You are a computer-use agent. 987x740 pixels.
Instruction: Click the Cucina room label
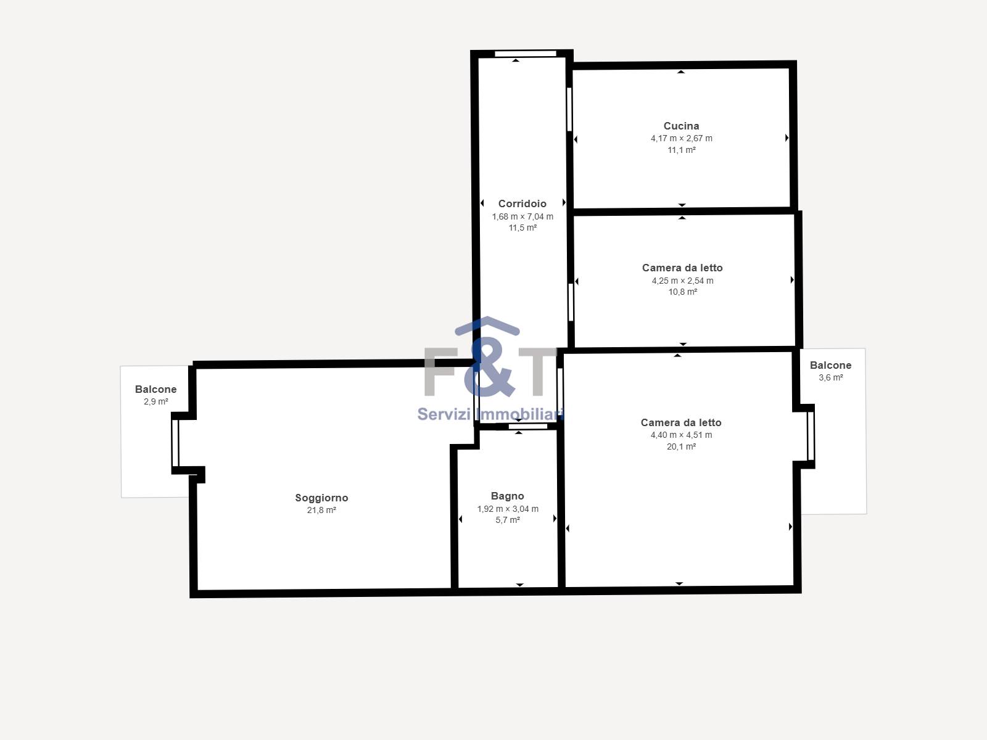pos(681,126)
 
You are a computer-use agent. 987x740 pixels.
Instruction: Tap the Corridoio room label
pos(522,203)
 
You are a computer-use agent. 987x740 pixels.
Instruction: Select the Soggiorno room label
pos(321,498)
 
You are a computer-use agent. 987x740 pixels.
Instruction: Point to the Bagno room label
pos(507,496)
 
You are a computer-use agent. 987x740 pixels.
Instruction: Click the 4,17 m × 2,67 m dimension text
pos(681,138)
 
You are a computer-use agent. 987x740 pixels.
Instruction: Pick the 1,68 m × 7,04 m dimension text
pos(522,216)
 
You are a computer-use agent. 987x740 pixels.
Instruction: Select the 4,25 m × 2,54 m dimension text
pos(683,281)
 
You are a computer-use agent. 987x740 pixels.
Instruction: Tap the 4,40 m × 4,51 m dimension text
pos(681,435)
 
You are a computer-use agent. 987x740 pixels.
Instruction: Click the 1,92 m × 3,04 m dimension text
pos(508,509)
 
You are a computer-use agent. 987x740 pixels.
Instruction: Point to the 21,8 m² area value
pos(321,510)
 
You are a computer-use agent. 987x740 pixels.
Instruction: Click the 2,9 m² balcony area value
pos(155,401)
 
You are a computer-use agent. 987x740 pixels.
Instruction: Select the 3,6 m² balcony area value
pos(830,377)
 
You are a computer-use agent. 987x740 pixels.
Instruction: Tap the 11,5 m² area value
pos(522,228)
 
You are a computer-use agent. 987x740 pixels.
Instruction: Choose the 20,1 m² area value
pos(681,446)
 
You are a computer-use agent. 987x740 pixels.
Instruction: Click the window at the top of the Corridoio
pos(526,54)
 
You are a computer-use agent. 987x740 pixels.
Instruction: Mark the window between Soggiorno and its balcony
pos(175,443)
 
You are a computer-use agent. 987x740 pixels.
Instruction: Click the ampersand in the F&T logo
pos(489,367)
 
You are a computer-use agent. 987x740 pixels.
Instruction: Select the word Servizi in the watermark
pos(445,414)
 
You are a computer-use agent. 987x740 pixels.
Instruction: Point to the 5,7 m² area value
pos(508,520)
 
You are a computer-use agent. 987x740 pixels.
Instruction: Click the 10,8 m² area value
pos(683,292)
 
